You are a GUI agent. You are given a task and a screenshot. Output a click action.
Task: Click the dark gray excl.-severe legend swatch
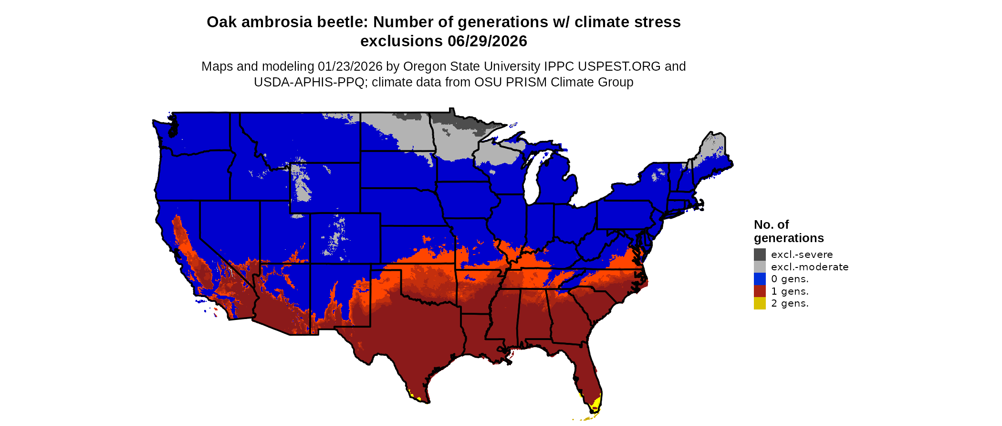760,255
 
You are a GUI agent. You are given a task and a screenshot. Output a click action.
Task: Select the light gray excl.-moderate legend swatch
760,267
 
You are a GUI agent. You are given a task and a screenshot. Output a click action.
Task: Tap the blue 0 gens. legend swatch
760,279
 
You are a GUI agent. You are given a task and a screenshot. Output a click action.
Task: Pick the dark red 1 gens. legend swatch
760,291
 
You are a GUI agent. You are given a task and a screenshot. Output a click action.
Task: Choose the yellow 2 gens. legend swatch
760,303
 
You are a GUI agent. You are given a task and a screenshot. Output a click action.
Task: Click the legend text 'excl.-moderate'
810,267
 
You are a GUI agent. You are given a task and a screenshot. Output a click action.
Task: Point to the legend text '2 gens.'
790,303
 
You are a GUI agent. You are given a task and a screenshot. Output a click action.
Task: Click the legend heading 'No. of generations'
788,231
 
